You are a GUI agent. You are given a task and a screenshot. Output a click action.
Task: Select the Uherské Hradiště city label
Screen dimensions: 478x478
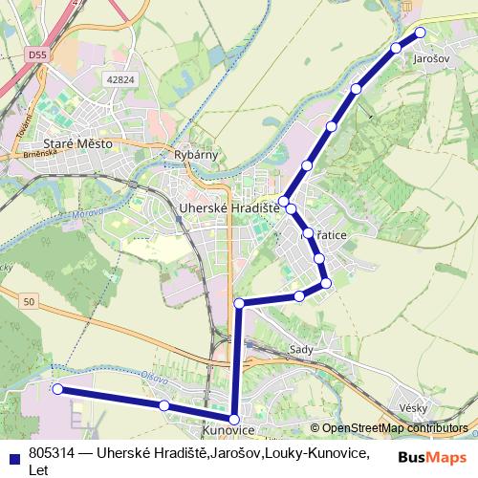pos(228,207)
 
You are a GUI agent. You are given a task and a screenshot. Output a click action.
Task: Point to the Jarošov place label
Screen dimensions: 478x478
pos(431,58)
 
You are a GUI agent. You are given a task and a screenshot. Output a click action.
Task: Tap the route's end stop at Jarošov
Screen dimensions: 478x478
pos(420,33)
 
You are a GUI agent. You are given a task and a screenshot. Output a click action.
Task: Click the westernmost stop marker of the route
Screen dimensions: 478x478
pos(57,389)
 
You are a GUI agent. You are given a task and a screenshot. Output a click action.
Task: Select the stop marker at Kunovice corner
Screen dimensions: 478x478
pos(234,419)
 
